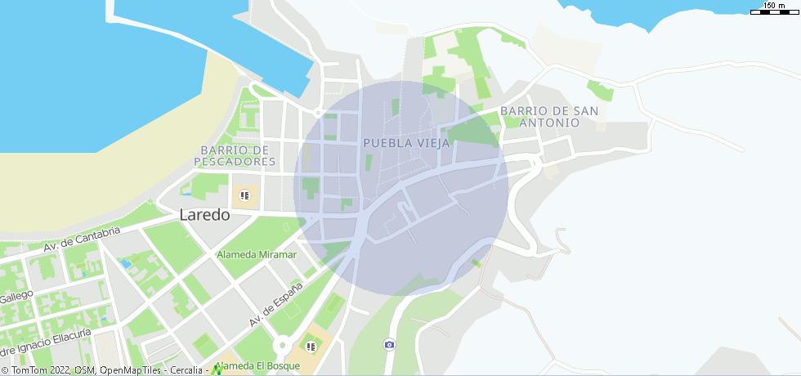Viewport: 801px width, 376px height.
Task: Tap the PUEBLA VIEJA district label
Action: pyautogui.click(x=406, y=142)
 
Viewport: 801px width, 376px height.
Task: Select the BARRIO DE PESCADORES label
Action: pyautogui.click(x=235, y=155)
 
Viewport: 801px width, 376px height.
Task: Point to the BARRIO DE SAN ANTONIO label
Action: pyautogui.click(x=549, y=116)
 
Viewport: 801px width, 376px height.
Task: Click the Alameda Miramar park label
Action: pyautogui.click(x=257, y=255)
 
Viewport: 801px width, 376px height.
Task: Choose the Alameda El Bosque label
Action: pyautogui.click(x=257, y=366)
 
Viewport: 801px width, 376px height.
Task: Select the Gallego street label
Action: pyautogui.click(x=16, y=296)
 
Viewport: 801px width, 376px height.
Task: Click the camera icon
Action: pyautogui.click(x=389, y=344)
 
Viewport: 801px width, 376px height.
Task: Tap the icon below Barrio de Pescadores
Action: pyautogui.click(x=244, y=196)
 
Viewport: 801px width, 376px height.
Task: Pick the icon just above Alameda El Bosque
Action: pyautogui.click(x=310, y=347)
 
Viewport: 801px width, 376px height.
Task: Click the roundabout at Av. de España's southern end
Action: pyautogui.click(x=283, y=346)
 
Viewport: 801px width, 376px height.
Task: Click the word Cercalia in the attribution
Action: pyautogui.click(x=187, y=371)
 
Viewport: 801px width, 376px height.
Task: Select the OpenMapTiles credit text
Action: pyautogui.click(x=131, y=371)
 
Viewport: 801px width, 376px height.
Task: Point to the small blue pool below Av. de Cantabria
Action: pyautogui.click(x=125, y=264)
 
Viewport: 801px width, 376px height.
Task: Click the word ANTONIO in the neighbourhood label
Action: pyautogui.click(x=549, y=123)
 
